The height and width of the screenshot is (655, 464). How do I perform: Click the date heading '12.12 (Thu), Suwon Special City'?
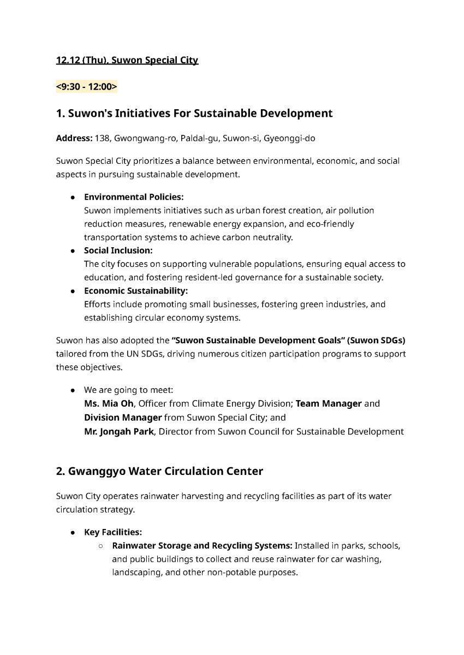tap(127, 60)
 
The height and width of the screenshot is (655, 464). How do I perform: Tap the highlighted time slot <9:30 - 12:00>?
tap(86, 86)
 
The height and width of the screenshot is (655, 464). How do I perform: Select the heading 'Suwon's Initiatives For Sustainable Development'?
tap(194, 114)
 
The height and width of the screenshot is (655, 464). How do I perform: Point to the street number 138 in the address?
tap(102, 139)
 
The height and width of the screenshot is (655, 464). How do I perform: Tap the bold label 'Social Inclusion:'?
tap(118, 251)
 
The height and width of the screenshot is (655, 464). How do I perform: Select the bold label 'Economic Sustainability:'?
tap(135, 291)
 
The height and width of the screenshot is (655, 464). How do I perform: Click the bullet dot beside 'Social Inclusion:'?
tap(72, 251)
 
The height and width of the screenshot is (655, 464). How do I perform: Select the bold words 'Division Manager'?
tap(122, 418)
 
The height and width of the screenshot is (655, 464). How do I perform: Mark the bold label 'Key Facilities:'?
tap(112, 532)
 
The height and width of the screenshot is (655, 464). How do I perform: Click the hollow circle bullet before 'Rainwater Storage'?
tap(101, 546)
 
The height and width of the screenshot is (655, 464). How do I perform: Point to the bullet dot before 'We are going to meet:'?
tap(72, 391)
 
